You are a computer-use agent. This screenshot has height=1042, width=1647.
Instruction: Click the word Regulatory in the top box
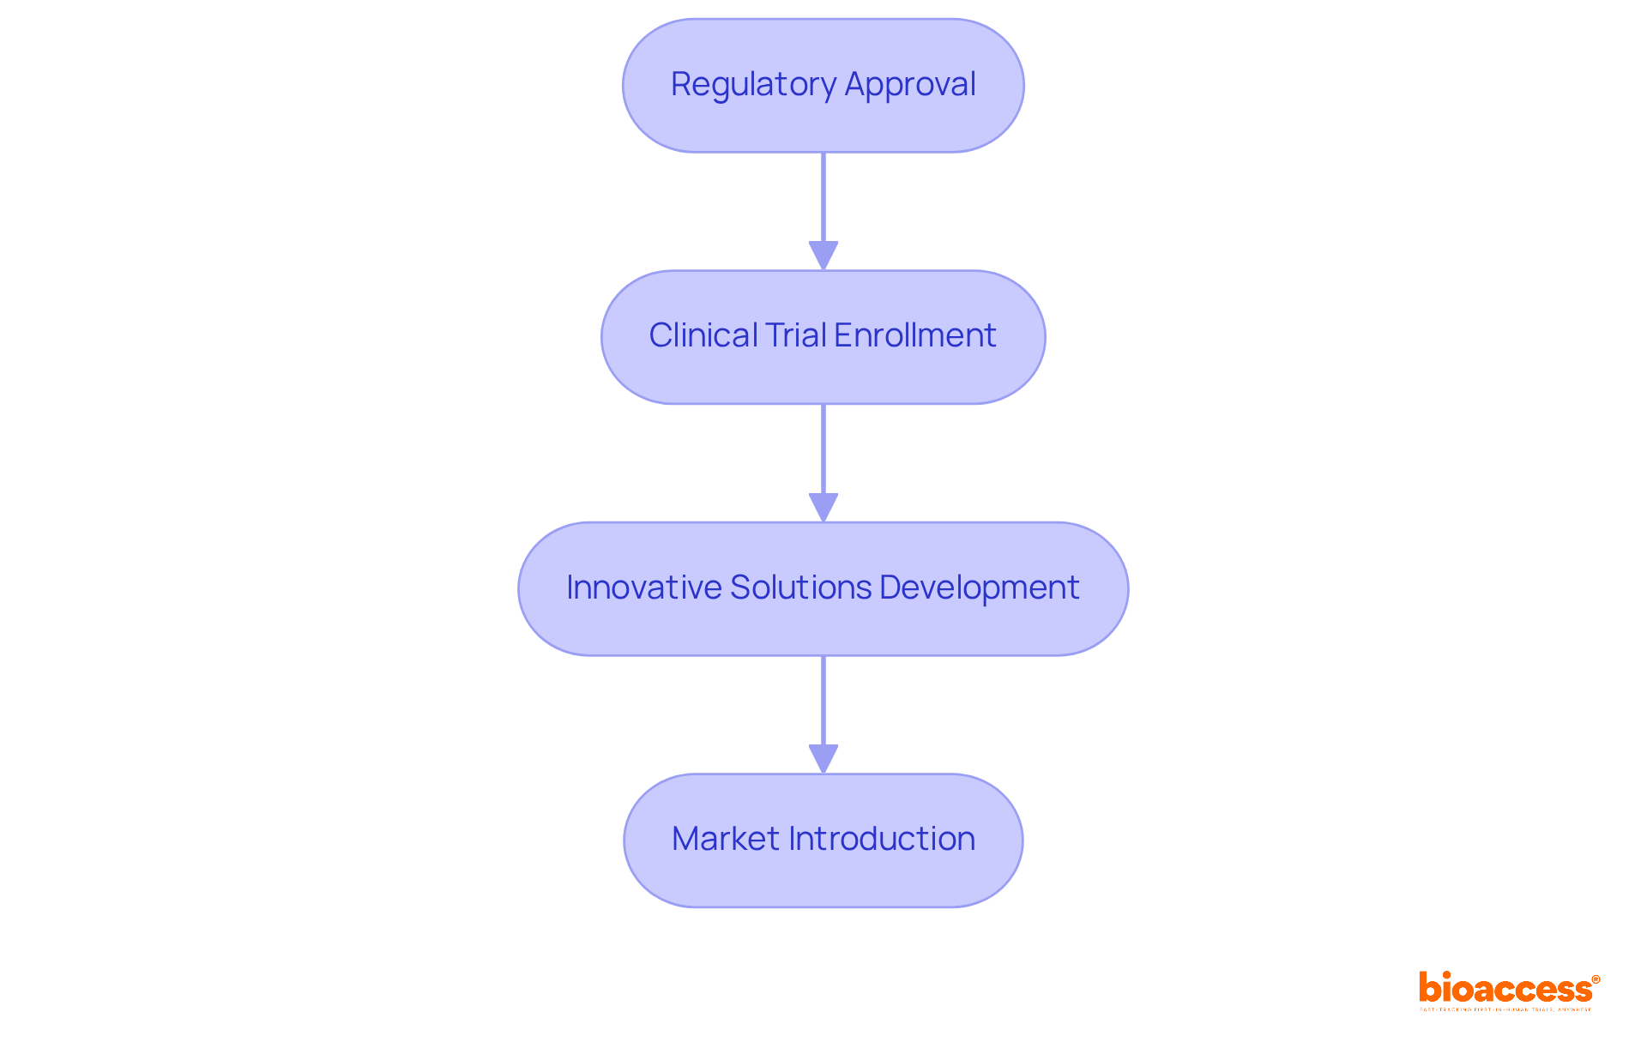point(753,85)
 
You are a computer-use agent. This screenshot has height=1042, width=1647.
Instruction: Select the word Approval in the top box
point(910,85)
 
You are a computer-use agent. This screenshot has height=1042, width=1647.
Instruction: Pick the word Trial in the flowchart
point(795,335)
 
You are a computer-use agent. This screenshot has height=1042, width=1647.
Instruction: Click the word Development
point(979,587)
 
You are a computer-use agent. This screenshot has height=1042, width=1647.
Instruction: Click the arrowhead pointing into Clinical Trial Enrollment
point(823,256)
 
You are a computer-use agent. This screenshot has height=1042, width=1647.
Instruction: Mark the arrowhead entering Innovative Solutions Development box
point(823,507)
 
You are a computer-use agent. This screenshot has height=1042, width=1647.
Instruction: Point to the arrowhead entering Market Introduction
point(823,759)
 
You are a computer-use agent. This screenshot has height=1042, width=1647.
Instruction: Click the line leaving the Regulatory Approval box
point(823,197)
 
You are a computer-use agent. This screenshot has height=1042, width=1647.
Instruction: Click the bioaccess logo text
point(1505,989)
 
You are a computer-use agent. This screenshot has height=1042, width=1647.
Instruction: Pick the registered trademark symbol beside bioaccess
point(1596,979)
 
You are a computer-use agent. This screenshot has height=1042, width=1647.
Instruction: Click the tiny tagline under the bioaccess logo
point(1505,1009)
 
